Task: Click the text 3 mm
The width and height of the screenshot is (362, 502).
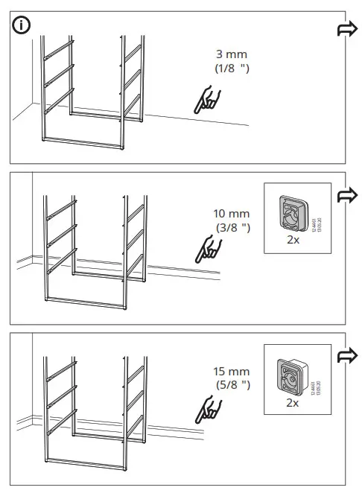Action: (x=231, y=55)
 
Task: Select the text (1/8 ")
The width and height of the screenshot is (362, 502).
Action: (x=231, y=69)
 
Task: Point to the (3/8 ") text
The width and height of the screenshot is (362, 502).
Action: (x=231, y=227)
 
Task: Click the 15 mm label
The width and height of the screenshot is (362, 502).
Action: (x=231, y=371)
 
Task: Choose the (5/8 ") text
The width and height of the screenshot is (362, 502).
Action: (x=231, y=384)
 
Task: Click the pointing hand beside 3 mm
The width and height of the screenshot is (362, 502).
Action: (x=206, y=101)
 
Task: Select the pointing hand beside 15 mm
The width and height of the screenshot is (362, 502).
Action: (x=206, y=408)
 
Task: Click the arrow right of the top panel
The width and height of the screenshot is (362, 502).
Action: (x=346, y=29)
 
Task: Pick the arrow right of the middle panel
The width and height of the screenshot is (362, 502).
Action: (x=346, y=195)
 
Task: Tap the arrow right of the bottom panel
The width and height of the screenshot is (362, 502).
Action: (x=346, y=354)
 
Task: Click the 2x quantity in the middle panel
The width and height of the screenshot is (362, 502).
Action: (x=292, y=241)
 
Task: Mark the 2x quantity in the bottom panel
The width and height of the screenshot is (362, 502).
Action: (x=292, y=402)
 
